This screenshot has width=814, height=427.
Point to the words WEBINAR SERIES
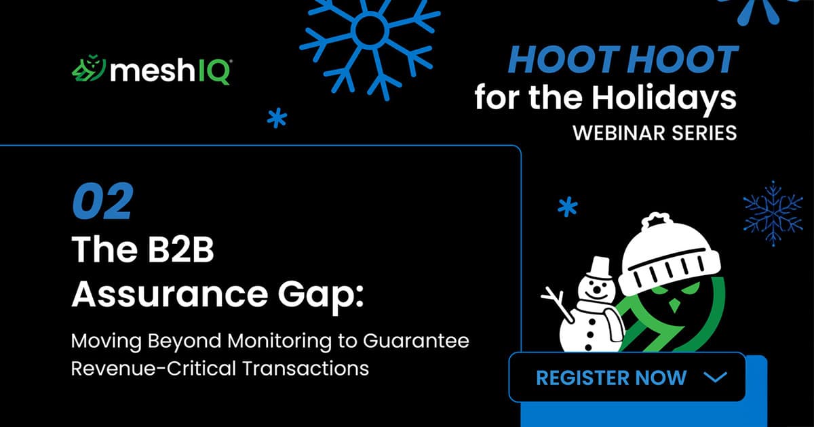click(655, 133)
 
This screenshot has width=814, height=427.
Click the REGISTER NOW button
click(627, 378)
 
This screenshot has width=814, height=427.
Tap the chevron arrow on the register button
click(715, 378)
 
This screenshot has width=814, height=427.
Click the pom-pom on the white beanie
click(654, 222)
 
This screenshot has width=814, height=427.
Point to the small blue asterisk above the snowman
click(566, 207)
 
